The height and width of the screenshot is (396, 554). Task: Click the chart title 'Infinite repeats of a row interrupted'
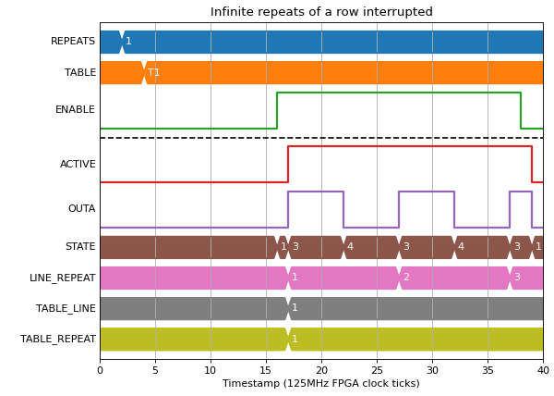pos(321,12)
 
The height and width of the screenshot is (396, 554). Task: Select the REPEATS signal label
pos(73,41)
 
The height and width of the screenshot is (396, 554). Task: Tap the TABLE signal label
pos(80,72)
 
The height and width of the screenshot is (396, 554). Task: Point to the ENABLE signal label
pos(75,109)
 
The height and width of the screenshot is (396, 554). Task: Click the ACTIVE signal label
pos(78,164)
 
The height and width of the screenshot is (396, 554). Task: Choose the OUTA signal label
pos(81,208)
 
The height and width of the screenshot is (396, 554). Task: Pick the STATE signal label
pos(80,246)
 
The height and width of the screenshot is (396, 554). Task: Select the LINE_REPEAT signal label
pos(63,278)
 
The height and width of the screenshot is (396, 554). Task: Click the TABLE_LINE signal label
pos(66,308)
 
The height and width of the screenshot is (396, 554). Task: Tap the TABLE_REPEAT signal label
pos(58,339)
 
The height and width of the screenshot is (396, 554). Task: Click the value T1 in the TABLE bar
pos(153,72)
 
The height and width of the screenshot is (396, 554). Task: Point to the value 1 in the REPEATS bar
pos(128,41)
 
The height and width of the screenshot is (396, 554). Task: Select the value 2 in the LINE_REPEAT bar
pos(406,277)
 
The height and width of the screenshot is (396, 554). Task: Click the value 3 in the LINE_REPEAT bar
pos(518,277)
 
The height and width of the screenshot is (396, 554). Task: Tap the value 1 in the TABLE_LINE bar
pos(295,307)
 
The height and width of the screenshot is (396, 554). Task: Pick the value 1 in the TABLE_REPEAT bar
pos(295,339)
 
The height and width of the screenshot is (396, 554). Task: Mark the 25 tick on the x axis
pos(377,370)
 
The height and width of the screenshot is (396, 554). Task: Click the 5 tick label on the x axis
pos(155,370)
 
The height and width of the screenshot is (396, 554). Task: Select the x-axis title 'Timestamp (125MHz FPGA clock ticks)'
pos(321,383)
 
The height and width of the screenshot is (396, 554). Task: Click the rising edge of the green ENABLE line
pos(277,110)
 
